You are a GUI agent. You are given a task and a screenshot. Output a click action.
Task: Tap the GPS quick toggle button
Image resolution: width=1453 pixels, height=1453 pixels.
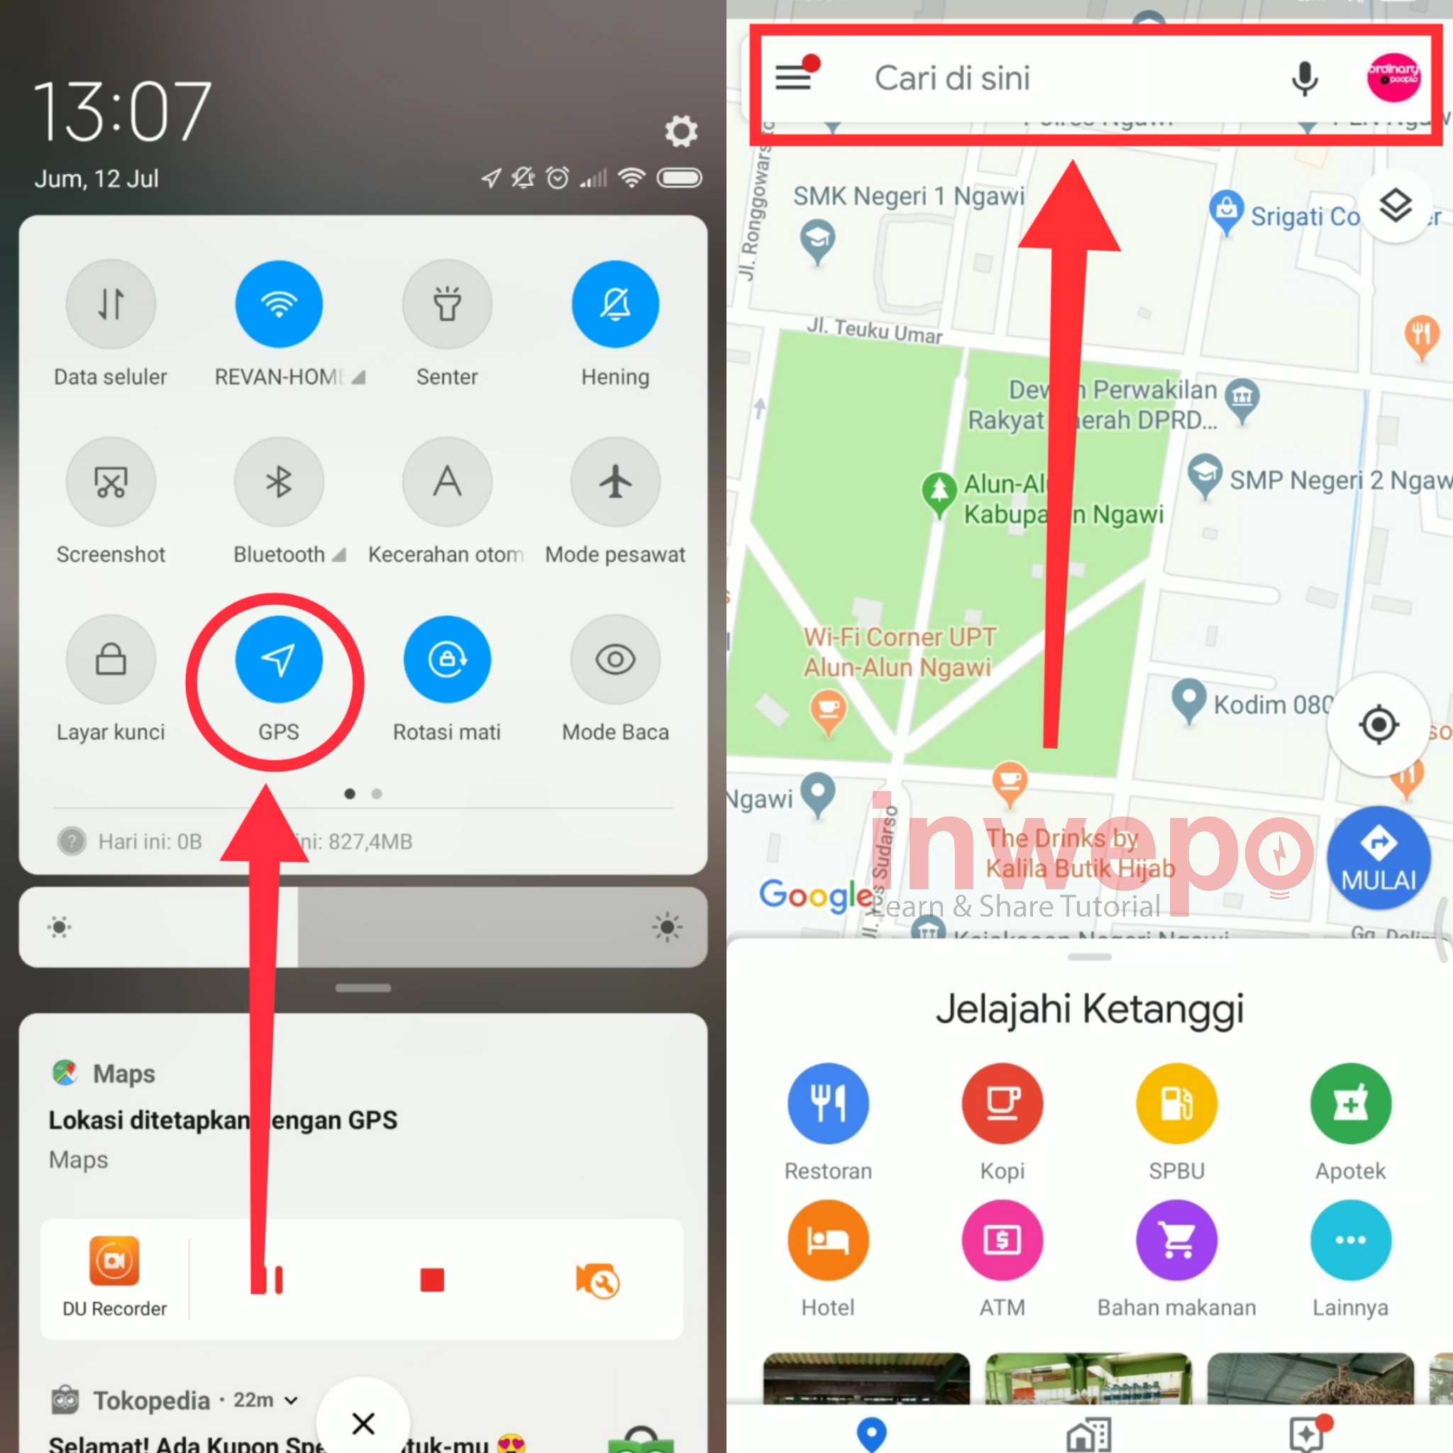click(x=278, y=660)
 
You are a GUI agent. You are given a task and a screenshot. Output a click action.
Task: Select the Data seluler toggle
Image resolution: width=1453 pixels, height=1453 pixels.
click(x=111, y=304)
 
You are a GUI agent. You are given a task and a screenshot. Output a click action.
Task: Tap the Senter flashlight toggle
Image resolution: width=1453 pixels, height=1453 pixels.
click(x=447, y=304)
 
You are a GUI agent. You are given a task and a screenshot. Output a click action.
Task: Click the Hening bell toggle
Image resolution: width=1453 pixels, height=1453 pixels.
click(x=615, y=304)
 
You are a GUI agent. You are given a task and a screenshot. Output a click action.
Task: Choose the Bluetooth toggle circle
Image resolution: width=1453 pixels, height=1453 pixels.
click(x=278, y=482)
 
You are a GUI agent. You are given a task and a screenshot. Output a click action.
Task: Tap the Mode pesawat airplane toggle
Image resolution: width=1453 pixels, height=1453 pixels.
click(x=615, y=482)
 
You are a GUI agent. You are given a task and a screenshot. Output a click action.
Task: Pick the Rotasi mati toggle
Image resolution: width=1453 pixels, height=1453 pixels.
click(x=447, y=660)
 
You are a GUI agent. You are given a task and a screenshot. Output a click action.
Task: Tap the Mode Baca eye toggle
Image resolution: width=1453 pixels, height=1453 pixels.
click(x=615, y=660)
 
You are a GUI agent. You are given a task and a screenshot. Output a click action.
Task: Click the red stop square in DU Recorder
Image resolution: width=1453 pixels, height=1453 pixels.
click(x=433, y=1279)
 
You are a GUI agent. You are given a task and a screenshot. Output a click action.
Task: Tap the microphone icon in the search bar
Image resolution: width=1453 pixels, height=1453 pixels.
click(x=1304, y=78)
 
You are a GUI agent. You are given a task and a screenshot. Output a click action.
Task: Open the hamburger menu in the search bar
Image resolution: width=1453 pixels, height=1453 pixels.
click(x=793, y=77)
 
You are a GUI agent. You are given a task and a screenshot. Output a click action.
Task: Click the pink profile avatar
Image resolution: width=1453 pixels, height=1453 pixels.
click(x=1393, y=77)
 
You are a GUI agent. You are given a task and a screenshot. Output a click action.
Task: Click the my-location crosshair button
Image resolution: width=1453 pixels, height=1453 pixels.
click(x=1379, y=725)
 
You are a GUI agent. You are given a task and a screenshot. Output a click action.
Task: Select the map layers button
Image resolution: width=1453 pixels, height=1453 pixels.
click(x=1395, y=205)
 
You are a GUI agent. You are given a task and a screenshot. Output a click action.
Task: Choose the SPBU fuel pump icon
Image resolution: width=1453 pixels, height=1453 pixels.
click(x=1176, y=1103)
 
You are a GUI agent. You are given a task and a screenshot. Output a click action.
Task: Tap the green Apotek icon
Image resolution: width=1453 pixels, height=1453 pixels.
click(x=1351, y=1103)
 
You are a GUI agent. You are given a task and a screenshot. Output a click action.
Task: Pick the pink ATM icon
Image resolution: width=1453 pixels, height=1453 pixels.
click(x=1002, y=1240)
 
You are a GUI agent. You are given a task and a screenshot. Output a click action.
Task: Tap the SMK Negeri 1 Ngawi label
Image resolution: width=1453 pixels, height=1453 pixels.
click(x=909, y=197)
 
